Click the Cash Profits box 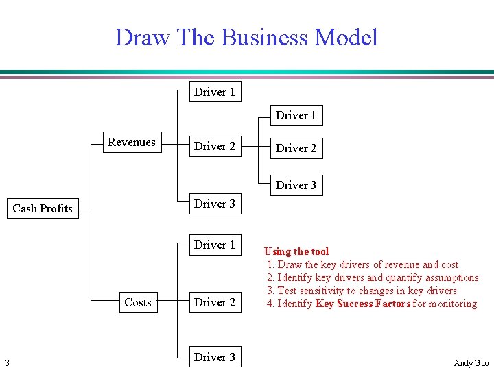point(43,208)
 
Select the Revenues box point(132,143)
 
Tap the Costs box point(138,302)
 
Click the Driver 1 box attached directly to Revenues point(215,92)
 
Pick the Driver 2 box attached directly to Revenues point(215,146)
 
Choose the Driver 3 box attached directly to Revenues point(215,203)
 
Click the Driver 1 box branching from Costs point(215,245)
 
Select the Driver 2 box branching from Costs point(215,302)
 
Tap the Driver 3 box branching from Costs point(215,357)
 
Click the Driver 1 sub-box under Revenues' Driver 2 point(296,115)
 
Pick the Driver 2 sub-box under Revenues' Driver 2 point(296,148)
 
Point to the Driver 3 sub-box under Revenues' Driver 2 point(296,185)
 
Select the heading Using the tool point(296,251)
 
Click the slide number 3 point(6,362)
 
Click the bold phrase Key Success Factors point(362,304)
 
